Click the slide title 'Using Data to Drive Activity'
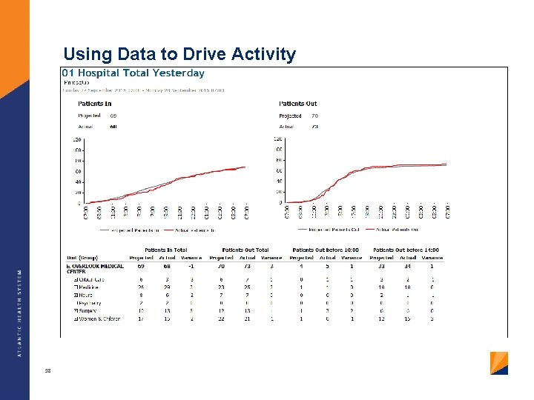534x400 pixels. [x=179, y=54]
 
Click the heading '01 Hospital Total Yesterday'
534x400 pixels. [x=133, y=73]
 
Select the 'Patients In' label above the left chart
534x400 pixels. [x=94, y=104]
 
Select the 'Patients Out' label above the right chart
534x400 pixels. [x=297, y=104]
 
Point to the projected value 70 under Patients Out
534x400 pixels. [x=314, y=116]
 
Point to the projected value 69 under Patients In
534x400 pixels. [x=113, y=116]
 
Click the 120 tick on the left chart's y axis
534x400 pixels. [x=76, y=139]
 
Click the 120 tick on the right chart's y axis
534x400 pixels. [x=278, y=139]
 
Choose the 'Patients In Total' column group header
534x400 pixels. [x=165, y=250]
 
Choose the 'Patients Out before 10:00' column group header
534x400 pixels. [x=326, y=250]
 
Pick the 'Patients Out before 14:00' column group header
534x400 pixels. [x=406, y=250]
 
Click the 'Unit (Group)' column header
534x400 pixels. [x=82, y=258]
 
